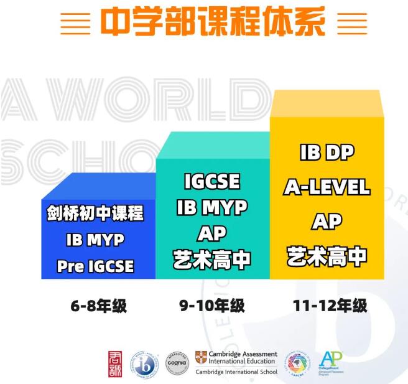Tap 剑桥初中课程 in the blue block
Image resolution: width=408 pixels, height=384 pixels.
95,214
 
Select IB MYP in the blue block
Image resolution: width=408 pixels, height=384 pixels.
95,240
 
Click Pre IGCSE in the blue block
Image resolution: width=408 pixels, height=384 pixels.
95,266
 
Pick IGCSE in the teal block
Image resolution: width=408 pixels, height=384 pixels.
212,182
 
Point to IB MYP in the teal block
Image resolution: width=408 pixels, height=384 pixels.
212,207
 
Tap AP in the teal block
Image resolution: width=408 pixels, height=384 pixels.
212,233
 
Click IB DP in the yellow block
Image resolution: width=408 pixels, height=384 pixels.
327,151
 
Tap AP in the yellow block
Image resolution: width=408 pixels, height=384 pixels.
327,221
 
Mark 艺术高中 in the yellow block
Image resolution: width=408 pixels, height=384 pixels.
327,256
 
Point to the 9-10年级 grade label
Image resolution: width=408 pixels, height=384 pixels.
212,306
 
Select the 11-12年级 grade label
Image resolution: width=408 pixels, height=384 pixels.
330,306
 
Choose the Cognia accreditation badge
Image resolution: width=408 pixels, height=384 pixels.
176,362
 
